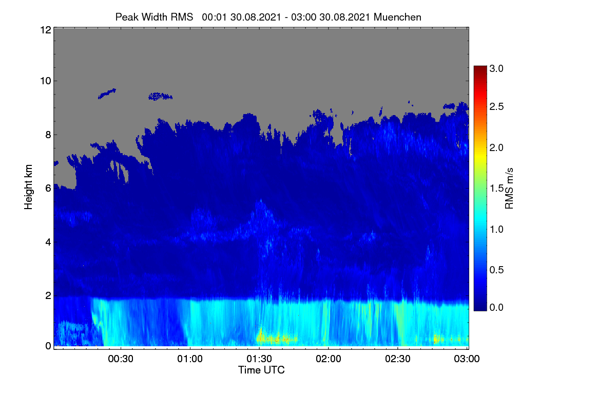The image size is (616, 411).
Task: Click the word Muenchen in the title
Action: (x=397, y=17)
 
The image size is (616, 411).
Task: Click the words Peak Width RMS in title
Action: (x=154, y=17)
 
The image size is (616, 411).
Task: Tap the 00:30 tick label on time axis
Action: (x=121, y=359)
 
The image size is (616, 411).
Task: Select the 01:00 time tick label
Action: (x=190, y=359)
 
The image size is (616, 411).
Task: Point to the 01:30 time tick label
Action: (x=259, y=359)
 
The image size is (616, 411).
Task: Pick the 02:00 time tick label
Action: (x=329, y=359)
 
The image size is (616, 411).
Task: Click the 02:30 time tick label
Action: (x=398, y=359)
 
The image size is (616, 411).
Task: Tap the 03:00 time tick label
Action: (x=467, y=359)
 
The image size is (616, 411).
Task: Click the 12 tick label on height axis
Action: (x=46, y=30)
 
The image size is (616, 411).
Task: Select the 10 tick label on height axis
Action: (x=46, y=81)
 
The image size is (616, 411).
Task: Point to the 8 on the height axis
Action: (x=48, y=135)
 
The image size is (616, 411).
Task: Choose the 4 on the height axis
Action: (x=48, y=242)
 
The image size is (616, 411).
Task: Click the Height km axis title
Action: (x=28, y=187)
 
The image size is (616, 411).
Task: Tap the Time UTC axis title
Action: (x=261, y=370)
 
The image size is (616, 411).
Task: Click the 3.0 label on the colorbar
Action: (x=496, y=68)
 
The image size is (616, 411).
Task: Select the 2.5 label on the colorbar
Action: (x=496, y=106)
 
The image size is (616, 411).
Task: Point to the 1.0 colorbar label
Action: (x=496, y=229)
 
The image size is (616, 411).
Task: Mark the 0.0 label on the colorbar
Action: (x=496, y=307)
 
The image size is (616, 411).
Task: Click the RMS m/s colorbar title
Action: (x=509, y=189)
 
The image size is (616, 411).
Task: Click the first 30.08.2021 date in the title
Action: (x=256, y=17)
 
